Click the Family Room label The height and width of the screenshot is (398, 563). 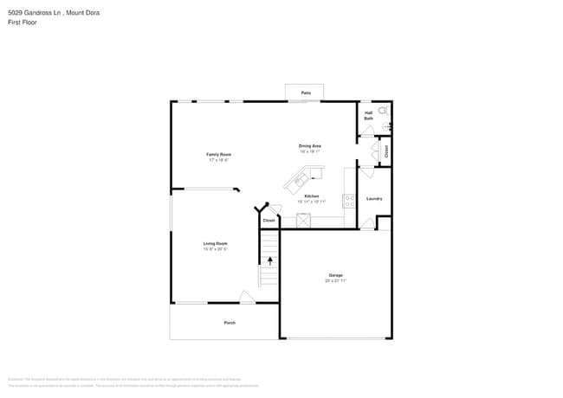219,154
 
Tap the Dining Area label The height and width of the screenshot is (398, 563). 310,146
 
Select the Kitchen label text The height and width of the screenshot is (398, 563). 311,196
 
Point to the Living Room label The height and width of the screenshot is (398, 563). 216,243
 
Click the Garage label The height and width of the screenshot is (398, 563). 335,275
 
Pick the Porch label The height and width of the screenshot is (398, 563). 230,323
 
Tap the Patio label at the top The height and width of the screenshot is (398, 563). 305,92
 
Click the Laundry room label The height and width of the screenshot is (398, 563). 374,199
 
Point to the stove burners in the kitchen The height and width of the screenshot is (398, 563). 349,200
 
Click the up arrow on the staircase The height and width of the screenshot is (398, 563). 269,259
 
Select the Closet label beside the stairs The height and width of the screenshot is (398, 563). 269,220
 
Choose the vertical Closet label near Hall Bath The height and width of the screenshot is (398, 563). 386,151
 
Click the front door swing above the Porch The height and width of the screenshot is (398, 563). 247,298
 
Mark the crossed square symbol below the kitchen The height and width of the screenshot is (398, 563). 303,220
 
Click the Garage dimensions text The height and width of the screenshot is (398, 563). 335,281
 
